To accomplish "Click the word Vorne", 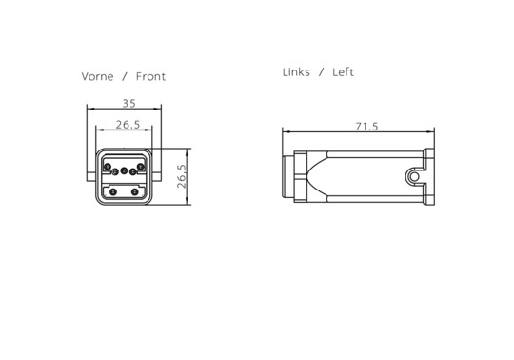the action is [x=97, y=77].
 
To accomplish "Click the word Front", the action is [x=150, y=77].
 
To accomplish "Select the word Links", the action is [x=296, y=72].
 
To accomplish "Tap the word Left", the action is [x=343, y=72].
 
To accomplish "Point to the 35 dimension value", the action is [x=128, y=104].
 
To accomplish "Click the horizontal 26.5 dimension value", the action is [x=128, y=125].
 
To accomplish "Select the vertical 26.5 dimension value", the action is [x=181, y=176].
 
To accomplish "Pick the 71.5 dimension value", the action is [x=366, y=127].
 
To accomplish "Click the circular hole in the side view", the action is [x=414, y=177].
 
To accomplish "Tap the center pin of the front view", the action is [x=124, y=170].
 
